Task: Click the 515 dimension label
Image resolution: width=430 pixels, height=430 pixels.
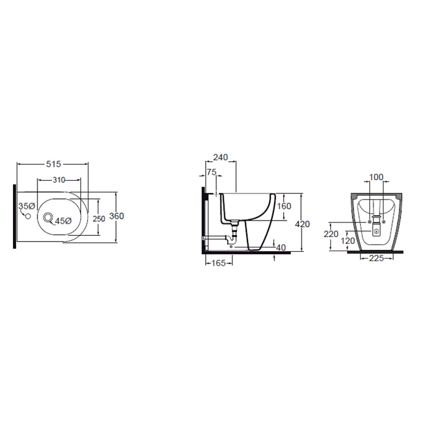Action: click(x=53, y=164)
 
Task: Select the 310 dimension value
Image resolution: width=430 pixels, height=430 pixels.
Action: click(x=59, y=180)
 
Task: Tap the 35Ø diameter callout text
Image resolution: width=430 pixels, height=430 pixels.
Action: click(x=26, y=206)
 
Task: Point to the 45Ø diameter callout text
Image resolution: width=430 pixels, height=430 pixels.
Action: click(x=63, y=221)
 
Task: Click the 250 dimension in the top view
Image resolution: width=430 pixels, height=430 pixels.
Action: click(x=99, y=219)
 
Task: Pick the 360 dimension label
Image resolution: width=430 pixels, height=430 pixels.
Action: click(x=117, y=216)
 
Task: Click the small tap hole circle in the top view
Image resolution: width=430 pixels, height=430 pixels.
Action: click(x=28, y=216)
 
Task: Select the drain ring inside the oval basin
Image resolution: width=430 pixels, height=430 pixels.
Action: click(x=48, y=217)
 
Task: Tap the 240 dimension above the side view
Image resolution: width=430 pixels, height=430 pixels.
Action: click(x=221, y=157)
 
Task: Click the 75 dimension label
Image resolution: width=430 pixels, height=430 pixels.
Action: click(x=211, y=172)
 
